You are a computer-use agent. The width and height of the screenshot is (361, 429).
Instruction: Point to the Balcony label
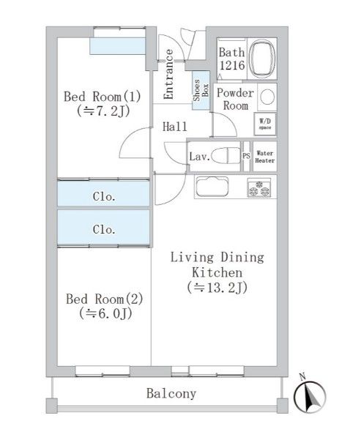tap(171, 394)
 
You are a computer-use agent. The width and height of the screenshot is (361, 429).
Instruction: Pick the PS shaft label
tap(247, 156)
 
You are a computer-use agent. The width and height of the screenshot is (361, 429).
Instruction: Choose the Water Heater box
tap(265, 156)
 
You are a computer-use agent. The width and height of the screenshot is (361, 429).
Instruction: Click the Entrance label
tap(168, 74)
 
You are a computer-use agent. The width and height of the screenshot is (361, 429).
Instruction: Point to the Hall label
tap(175, 126)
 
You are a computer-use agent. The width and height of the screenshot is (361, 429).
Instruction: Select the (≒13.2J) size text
tap(217, 287)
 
